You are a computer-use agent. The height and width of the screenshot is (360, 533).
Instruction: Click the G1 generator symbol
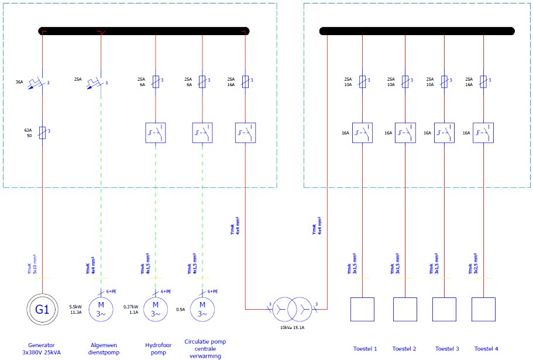[x=43, y=308]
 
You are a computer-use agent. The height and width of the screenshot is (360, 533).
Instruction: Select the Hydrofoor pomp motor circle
[x=156, y=308]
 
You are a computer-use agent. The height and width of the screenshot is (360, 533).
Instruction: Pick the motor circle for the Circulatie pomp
[x=202, y=308]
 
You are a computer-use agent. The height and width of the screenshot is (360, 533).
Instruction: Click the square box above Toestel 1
[x=363, y=309]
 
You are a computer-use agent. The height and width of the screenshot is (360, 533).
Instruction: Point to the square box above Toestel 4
[x=483, y=309]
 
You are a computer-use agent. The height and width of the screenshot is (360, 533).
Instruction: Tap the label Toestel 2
[x=404, y=349]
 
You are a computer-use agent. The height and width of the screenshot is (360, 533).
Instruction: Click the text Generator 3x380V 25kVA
[x=43, y=349]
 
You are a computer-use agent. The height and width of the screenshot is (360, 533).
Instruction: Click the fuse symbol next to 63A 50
[x=43, y=132]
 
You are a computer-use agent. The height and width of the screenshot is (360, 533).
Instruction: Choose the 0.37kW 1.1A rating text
[x=131, y=309]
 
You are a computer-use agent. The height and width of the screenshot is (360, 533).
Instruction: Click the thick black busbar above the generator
[x=144, y=31]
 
